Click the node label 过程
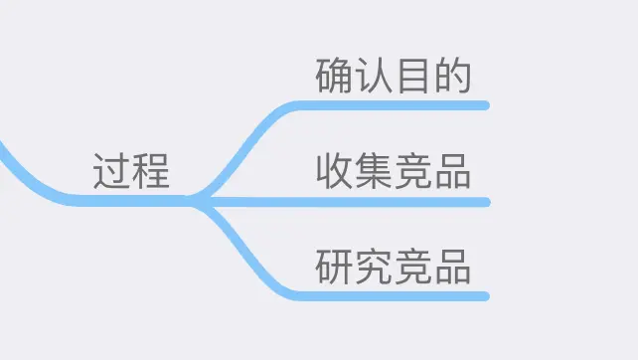(x=131, y=172)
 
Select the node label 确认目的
(x=393, y=77)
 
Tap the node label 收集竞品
(x=393, y=172)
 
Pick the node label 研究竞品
(x=393, y=268)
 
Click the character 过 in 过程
(x=111, y=172)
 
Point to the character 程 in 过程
(x=151, y=172)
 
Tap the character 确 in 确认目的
(x=334, y=77)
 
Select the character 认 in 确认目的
(x=373, y=77)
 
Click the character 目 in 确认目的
(x=412, y=77)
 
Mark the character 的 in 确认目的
(x=451, y=77)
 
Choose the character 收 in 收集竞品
(x=334, y=172)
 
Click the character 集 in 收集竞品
(x=373, y=172)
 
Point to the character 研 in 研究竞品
(x=334, y=268)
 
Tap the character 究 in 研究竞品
(x=373, y=268)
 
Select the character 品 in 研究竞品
(x=451, y=268)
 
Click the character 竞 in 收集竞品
(x=412, y=172)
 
